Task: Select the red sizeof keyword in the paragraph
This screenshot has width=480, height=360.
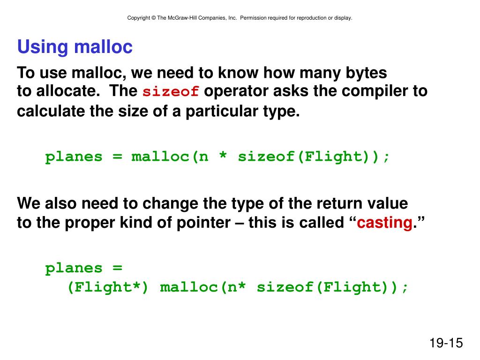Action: pos(171,91)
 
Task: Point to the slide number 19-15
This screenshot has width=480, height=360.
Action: pos(445,343)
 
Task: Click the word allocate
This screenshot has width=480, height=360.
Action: pos(68,91)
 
